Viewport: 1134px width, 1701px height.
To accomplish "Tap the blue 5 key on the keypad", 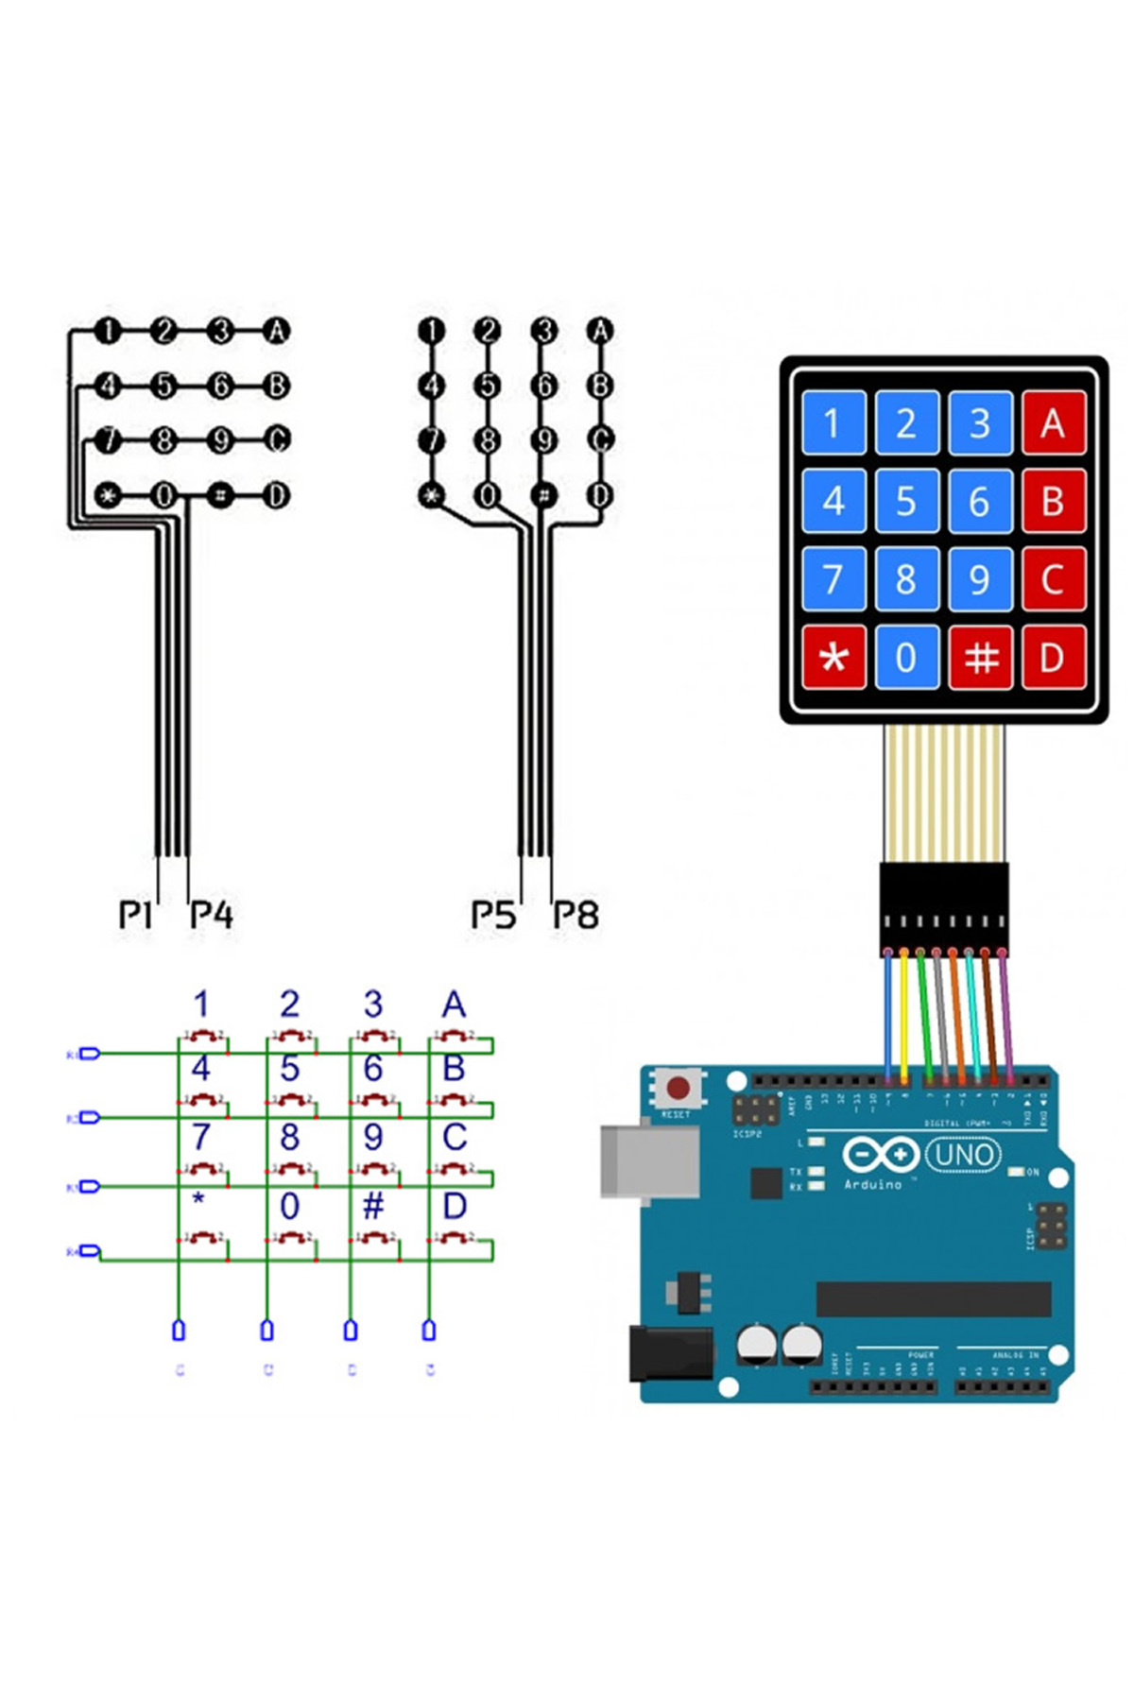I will (x=905, y=501).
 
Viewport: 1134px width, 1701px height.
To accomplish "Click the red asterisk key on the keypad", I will (x=833, y=657).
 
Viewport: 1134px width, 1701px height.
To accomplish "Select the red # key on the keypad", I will (x=980, y=657).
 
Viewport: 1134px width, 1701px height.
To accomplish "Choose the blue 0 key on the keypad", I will (x=905, y=657).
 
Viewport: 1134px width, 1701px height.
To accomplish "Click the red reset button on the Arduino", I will (x=678, y=1088).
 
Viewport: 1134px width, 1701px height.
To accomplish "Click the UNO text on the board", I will (x=963, y=1155).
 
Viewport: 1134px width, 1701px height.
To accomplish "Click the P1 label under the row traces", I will (x=135, y=914).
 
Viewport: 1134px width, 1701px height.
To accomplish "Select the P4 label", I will (x=211, y=914).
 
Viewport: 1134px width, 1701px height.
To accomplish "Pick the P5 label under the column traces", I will (x=493, y=914).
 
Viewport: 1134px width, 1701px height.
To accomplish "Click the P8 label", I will (x=576, y=914).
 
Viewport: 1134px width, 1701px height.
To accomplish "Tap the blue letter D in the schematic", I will (x=455, y=1206).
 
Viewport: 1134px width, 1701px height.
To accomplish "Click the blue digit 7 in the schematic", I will (x=200, y=1137).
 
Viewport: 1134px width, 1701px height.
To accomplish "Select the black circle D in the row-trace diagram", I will (x=276, y=495).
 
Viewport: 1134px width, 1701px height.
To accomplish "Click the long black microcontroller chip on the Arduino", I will (x=933, y=1298).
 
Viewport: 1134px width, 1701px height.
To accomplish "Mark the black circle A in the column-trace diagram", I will (x=600, y=331).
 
